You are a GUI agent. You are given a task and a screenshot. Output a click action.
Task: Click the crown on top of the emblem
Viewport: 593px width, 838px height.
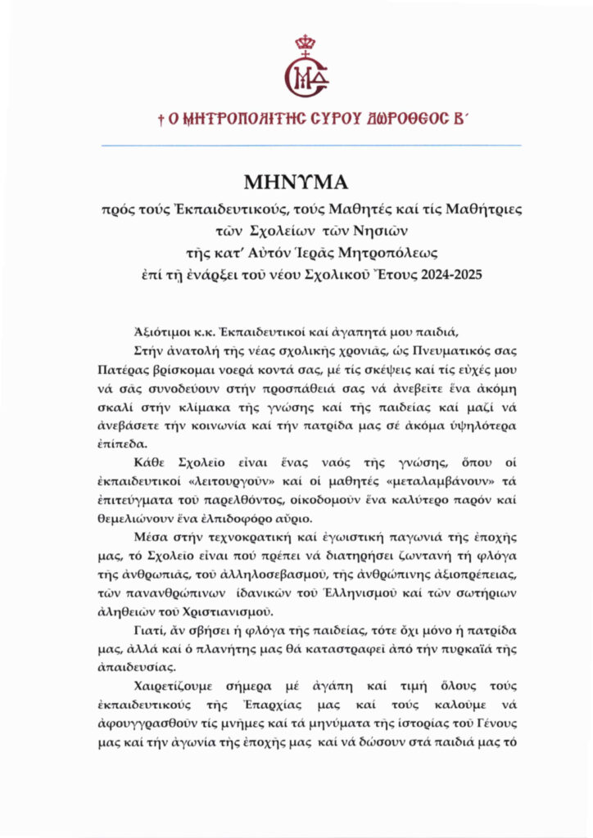(x=306, y=43)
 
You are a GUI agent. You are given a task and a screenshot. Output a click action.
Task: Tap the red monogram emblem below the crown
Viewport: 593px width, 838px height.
(x=306, y=76)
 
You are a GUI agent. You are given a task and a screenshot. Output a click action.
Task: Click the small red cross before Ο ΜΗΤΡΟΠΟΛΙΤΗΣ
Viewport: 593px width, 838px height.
(x=161, y=119)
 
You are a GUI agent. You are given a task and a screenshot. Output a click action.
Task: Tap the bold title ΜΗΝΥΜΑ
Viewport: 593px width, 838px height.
(x=296, y=182)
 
